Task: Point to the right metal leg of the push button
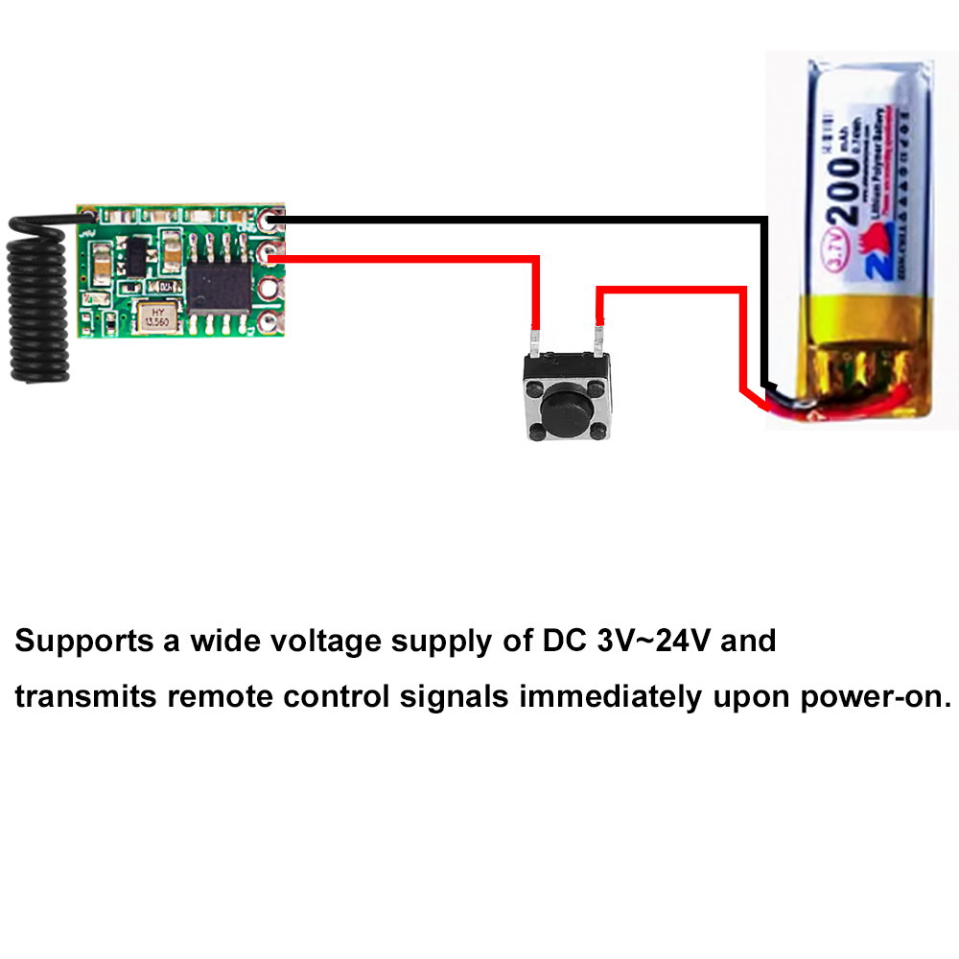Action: click(x=598, y=341)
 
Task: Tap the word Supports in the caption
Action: click(x=84, y=642)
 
